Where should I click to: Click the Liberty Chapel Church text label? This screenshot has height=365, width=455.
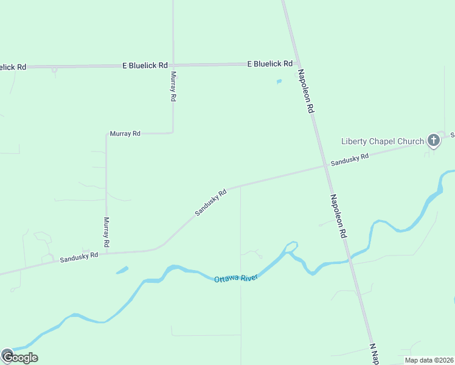coord(383,142)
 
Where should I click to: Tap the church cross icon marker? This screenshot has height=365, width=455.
coord(433,141)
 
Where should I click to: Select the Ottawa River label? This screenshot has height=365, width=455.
coord(236,278)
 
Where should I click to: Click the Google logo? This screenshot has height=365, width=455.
coord(19,357)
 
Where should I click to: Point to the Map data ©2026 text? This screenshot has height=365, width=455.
coord(429,360)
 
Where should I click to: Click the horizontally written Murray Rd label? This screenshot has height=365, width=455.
coord(125,133)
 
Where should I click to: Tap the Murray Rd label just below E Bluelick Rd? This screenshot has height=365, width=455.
coord(173,86)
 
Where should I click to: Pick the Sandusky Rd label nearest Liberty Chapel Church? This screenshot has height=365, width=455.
coord(350,160)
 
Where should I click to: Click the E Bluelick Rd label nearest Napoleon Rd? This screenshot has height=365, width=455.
coord(269,63)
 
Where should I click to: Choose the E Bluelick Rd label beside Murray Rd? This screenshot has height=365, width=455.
coord(145,64)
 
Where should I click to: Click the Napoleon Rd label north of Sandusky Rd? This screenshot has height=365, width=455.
coord(305,92)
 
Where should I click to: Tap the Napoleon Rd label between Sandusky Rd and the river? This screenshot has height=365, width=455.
coord(339,216)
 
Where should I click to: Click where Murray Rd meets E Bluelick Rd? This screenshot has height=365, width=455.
coord(173,64)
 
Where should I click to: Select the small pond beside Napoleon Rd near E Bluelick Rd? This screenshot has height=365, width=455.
coord(279,81)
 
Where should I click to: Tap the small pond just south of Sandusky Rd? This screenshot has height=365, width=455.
coord(122,269)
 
